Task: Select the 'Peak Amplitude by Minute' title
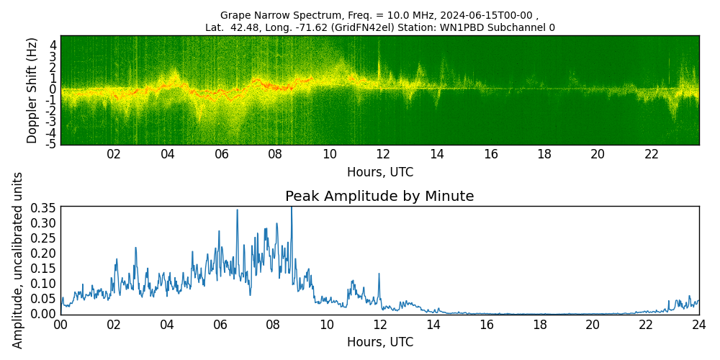379,197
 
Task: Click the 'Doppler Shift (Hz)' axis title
32,90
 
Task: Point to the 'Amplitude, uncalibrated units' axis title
18,260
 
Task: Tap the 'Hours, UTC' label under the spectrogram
379,172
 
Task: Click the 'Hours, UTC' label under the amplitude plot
379,342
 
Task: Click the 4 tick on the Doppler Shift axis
53,45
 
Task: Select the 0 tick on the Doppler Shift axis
53,89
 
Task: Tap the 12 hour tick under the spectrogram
383,154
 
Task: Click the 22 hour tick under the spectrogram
652,154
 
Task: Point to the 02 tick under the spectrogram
114,154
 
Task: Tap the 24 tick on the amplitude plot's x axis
698,324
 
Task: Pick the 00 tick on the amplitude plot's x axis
60,324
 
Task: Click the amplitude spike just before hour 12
379,274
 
